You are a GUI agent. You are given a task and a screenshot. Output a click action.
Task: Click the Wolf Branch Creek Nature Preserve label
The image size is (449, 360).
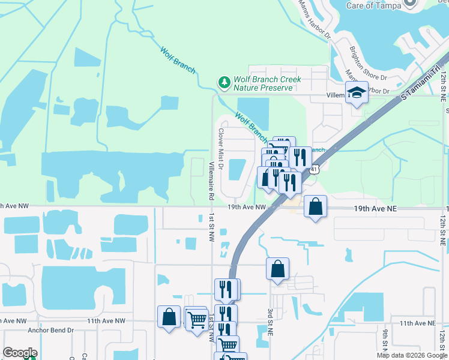pos(267,83)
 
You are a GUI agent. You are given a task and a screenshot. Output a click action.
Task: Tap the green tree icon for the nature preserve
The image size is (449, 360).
pos(224,82)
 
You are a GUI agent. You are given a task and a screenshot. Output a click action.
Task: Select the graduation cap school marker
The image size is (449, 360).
pos(357,93)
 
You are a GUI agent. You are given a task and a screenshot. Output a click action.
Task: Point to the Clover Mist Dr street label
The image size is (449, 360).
pos(221,148)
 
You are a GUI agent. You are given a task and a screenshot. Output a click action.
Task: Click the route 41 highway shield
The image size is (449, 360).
pos(314,170)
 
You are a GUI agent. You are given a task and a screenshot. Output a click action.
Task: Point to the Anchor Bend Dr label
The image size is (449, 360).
pos(50,330)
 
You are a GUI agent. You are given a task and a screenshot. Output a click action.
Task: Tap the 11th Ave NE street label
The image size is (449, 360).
pos(417,323)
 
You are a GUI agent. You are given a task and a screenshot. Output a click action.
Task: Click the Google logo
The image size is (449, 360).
pos(20,353)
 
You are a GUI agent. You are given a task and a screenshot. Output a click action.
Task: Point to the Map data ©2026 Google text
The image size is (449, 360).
pos(412,355)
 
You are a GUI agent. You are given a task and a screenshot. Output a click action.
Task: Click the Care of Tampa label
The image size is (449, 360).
pos(373,5)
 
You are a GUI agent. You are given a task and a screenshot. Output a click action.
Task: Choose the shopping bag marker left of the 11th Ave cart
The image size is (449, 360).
pos(169,317)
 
